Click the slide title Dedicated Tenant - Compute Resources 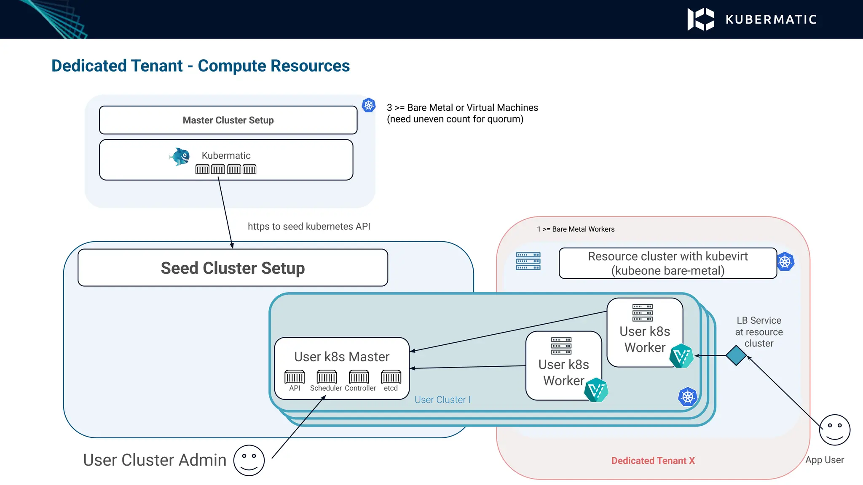(x=201, y=66)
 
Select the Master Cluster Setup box (x=228, y=120)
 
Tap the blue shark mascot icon (x=180, y=157)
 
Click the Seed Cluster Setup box (x=233, y=268)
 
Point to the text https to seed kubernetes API (x=309, y=227)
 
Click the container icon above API (x=295, y=376)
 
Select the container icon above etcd (x=391, y=376)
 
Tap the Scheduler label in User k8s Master (x=326, y=388)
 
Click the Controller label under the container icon (x=360, y=388)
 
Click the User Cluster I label (x=442, y=400)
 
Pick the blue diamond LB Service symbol (x=736, y=356)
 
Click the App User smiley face (x=834, y=430)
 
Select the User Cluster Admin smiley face (x=249, y=460)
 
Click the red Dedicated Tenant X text (x=653, y=461)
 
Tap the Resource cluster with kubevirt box (x=667, y=263)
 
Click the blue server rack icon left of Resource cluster (x=528, y=261)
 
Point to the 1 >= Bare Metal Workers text (x=576, y=229)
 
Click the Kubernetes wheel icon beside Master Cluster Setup (x=369, y=105)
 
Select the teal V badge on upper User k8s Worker (x=681, y=356)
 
